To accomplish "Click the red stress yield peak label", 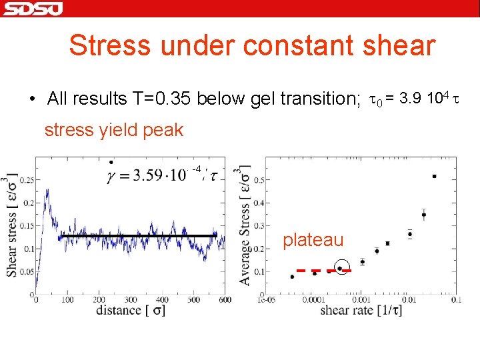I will coord(113,130).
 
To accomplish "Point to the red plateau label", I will coord(313,240).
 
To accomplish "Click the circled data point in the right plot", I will coord(341,268).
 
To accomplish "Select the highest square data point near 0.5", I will coord(434,177).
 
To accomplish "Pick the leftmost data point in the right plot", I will coord(292,276).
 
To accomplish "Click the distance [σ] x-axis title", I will coord(130,311).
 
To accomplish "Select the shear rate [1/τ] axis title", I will coord(361,311).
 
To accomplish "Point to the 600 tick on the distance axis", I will coord(225,301).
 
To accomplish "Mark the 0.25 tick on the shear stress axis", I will coord(26,180).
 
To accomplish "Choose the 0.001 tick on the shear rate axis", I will coord(361,301).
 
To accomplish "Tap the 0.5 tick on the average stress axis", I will coord(257,180).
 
